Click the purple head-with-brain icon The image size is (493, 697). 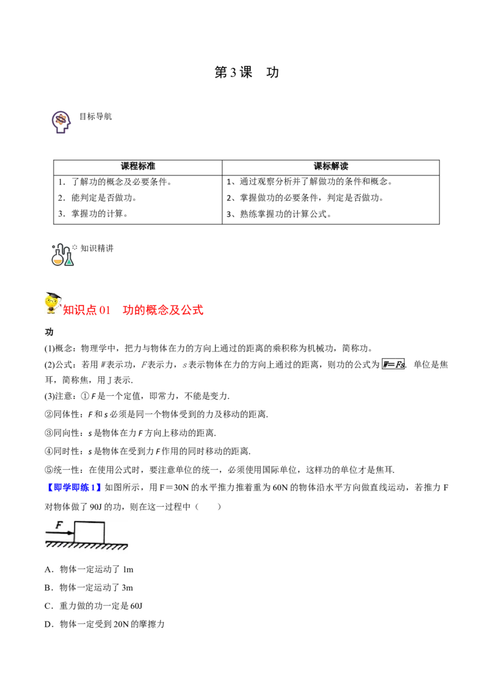pos(60,121)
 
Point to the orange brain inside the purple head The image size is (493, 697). pos(60,119)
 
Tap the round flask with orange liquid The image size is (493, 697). pos(58,260)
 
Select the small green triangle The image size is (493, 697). pos(69,262)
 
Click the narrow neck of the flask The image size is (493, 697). pos(58,253)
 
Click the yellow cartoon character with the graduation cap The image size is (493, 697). pos(51,303)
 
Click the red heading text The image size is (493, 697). pos(134,310)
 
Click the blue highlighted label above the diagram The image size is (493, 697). pos(74,488)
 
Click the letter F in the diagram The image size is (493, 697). pos(59,525)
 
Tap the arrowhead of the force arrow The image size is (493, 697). pos(71,533)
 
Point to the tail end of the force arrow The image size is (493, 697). pos(47,533)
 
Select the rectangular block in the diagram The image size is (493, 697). pos(89,532)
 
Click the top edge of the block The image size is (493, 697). pos(89,522)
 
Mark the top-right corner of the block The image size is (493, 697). pos(104,522)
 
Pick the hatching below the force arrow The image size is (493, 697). pos(59,545)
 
